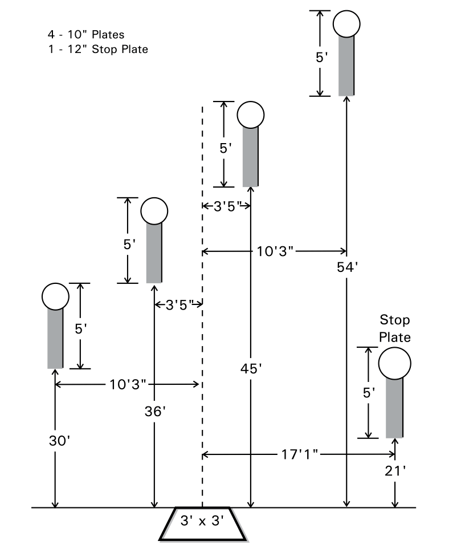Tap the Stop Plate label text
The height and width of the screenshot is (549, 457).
pos(395,328)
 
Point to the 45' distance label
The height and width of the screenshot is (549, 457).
pos(251,369)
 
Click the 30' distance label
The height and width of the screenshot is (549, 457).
pos(55,441)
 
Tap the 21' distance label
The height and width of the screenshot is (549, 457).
pos(395,471)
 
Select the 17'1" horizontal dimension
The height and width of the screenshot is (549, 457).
pos(299,454)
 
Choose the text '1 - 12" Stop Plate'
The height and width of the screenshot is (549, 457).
pos(98,49)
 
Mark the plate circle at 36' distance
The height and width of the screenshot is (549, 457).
pos(154,211)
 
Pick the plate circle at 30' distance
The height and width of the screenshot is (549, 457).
pos(55,296)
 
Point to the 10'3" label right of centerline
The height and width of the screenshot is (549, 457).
pos(275,251)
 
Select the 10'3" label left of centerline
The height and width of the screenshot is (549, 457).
pos(127,384)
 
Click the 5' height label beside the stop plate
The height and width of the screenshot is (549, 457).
pos(369,392)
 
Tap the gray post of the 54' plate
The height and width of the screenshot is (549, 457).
pos(346,66)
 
